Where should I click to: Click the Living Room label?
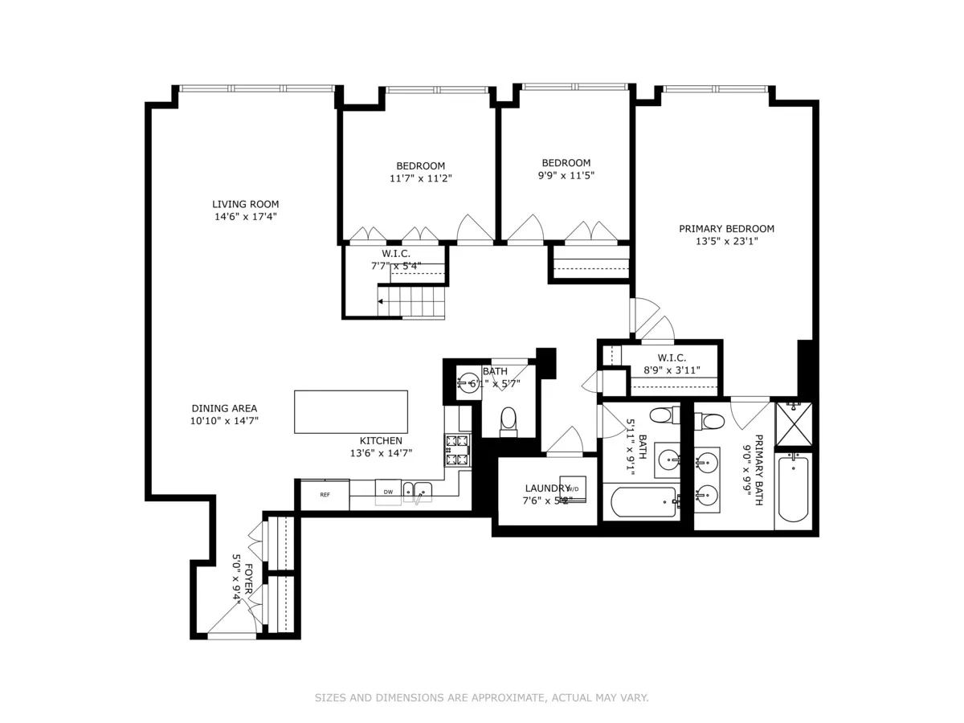[x=246, y=204]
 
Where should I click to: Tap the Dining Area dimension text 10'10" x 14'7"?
[x=224, y=420]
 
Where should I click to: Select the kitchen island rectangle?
[x=350, y=411]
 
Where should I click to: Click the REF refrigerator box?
[x=325, y=495]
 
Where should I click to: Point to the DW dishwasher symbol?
[x=388, y=492]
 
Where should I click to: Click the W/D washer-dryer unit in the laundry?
[x=574, y=488]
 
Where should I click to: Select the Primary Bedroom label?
[x=726, y=229]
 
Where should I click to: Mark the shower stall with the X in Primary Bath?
[x=794, y=423]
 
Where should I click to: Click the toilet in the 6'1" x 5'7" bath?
[x=508, y=419]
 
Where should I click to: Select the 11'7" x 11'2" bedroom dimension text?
[x=421, y=178]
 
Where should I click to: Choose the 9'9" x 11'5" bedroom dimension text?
[x=566, y=175]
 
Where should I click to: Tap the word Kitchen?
[x=381, y=440]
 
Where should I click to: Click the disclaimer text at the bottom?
[x=481, y=698]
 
